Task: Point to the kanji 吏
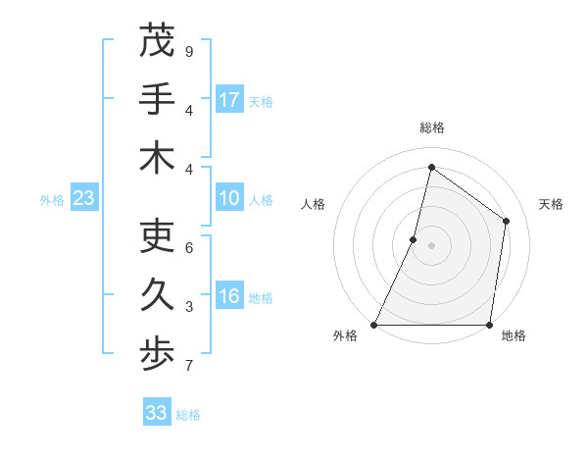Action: pyautogui.click(x=157, y=236)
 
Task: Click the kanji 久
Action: pyautogui.click(x=157, y=296)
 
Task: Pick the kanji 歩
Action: pyautogui.click(x=157, y=354)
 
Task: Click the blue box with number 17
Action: pyautogui.click(x=229, y=100)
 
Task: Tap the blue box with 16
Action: pyautogui.click(x=229, y=297)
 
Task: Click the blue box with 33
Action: pyautogui.click(x=157, y=413)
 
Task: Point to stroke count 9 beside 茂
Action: pyautogui.click(x=188, y=52)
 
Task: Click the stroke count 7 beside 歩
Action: pyautogui.click(x=188, y=367)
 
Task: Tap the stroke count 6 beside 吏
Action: pyautogui.click(x=188, y=248)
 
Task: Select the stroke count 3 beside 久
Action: pyautogui.click(x=188, y=308)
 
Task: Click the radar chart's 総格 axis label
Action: pyautogui.click(x=431, y=128)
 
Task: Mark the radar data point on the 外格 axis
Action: pyautogui.click(x=374, y=325)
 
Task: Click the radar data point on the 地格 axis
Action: pyautogui.click(x=489, y=325)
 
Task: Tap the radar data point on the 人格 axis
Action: pyautogui.click(x=414, y=239)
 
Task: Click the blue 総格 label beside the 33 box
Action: pyautogui.click(x=188, y=415)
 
